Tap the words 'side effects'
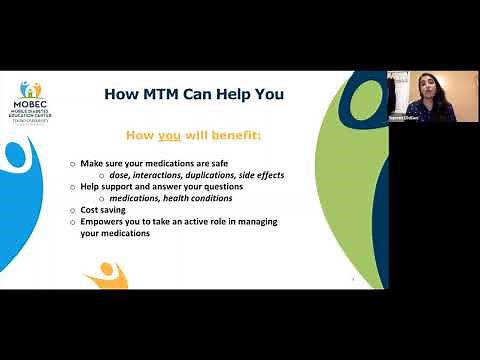click(269, 174)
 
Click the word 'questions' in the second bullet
click(219, 186)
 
